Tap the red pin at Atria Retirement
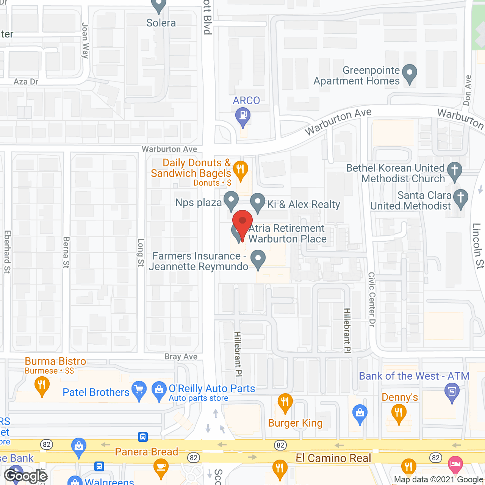(242, 222)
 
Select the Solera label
(161, 23)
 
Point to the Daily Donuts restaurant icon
(240, 170)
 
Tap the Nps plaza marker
(231, 200)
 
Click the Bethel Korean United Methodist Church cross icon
(454, 171)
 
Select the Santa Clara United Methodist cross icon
(461, 198)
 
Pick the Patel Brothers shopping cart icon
(139, 390)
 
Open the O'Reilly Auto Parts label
(212, 389)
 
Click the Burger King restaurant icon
(285, 402)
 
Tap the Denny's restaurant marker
(399, 413)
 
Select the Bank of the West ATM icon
(452, 391)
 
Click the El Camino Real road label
(333, 458)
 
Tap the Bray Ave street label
(181, 357)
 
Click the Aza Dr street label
(26, 82)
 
